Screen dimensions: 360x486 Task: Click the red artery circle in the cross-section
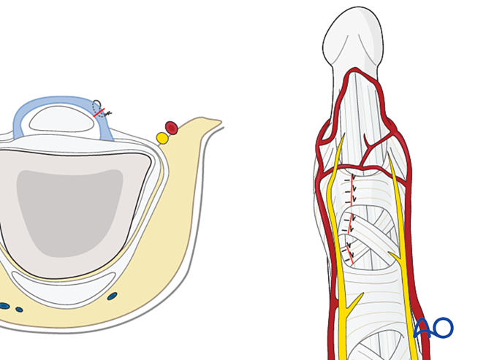pos(171,129)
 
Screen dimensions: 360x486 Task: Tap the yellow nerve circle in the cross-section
pos(162,138)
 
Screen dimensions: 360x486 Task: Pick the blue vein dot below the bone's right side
pos(112,296)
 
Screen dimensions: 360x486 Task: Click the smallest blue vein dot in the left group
pos(20,310)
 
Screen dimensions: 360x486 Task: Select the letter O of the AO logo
pos(442,328)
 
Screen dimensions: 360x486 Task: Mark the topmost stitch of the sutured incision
pos(353,177)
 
